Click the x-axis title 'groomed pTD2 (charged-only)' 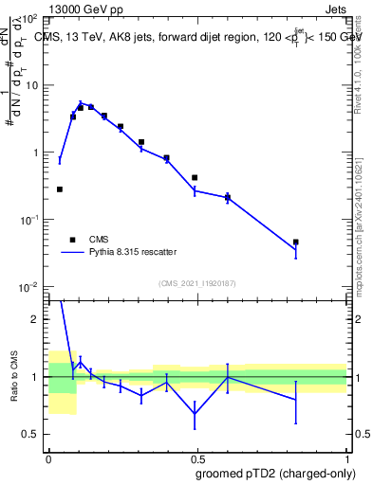click(274, 473)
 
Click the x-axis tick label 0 click(47, 458)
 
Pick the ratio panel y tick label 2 click(36, 320)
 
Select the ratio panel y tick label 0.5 click(31, 435)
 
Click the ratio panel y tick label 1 click(36, 377)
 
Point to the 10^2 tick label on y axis click(30, 19)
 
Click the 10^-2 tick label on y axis click(30, 286)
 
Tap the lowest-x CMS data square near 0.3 click(60, 189)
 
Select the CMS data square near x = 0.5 click(195, 177)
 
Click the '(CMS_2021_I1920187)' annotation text click(196, 282)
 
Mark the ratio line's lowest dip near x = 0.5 click(195, 414)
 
